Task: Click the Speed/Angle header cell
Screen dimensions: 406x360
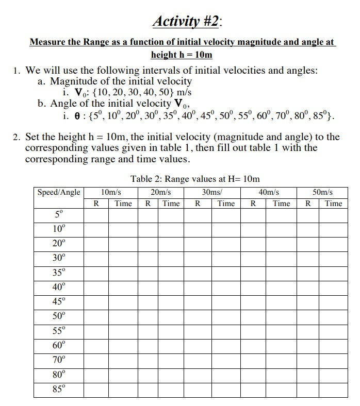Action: click(x=59, y=192)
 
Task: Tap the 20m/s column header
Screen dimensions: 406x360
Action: click(x=160, y=192)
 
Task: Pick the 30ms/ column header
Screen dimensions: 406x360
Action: click(x=212, y=192)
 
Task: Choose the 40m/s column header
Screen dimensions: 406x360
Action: click(x=268, y=192)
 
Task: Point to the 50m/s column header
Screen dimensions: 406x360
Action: click(x=323, y=192)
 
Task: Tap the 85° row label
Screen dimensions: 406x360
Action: click(x=59, y=389)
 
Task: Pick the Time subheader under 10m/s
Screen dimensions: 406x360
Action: click(x=123, y=204)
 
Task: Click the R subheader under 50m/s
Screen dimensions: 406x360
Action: click(x=308, y=204)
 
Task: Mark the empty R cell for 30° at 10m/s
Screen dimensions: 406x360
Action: click(x=96, y=258)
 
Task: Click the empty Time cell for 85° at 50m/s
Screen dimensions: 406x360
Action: click(x=333, y=389)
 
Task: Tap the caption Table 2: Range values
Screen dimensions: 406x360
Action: click(x=195, y=179)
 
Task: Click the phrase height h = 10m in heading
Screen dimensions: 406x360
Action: click(x=182, y=55)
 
